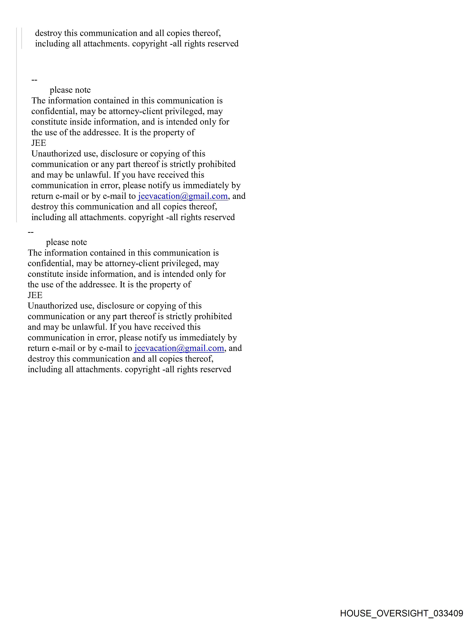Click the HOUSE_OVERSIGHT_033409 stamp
coord(401,613)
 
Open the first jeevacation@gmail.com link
coord(182,196)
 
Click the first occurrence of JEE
coord(39,143)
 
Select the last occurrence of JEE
coord(35,295)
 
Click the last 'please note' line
coord(67,242)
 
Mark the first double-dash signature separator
coord(34,80)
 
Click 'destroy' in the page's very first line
coord(48,33)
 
